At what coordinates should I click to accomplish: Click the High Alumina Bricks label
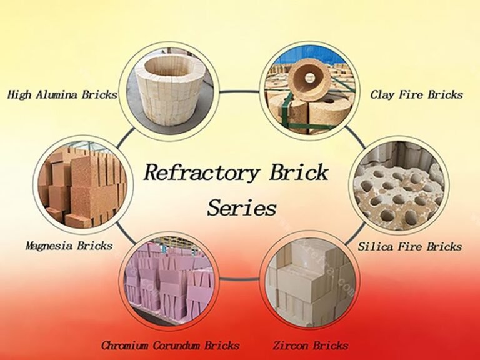tap(62, 95)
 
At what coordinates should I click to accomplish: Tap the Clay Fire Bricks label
tap(416, 95)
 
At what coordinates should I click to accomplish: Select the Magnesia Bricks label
tap(69, 246)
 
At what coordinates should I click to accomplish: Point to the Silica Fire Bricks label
tap(410, 246)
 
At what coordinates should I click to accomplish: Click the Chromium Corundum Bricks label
tap(169, 345)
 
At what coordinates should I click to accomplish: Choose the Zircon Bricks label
tap(311, 345)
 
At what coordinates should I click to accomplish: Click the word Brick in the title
tap(298, 172)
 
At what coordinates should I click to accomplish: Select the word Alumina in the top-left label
tap(59, 95)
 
